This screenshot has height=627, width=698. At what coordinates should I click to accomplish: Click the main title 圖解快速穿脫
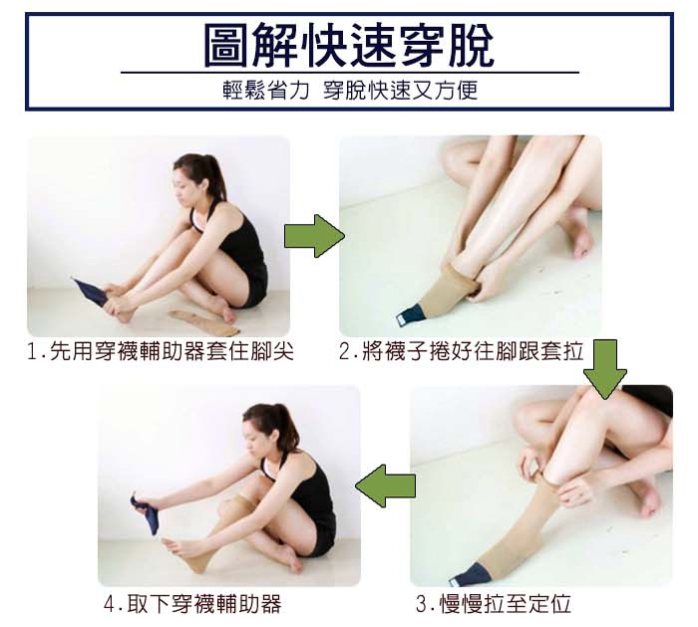[349, 45]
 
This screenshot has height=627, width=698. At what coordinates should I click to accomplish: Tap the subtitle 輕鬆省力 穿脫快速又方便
[350, 91]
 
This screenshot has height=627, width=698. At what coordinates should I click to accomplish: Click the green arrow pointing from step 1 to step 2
[314, 236]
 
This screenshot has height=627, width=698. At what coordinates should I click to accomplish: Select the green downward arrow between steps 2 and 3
[604, 369]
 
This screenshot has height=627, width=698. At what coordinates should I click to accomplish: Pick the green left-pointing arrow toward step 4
[386, 485]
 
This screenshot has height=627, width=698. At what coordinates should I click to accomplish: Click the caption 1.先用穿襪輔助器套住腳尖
[161, 351]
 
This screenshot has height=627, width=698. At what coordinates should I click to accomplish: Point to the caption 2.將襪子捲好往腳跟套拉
[461, 350]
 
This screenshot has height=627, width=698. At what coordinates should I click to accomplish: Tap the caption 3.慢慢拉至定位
[494, 604]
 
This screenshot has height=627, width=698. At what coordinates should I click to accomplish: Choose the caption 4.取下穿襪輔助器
[192, 604]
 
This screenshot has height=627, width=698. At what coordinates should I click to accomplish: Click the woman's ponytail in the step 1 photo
[215, 175]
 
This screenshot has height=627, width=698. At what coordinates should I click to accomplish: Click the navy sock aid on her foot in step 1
[91, 291]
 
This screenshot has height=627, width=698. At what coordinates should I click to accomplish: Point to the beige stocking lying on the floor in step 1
[204, 323]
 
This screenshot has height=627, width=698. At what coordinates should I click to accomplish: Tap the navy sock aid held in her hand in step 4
[146, 512]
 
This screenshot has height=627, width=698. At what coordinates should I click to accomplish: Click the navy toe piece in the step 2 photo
[411, 314]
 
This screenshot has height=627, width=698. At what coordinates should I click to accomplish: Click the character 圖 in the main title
[225, 45]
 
